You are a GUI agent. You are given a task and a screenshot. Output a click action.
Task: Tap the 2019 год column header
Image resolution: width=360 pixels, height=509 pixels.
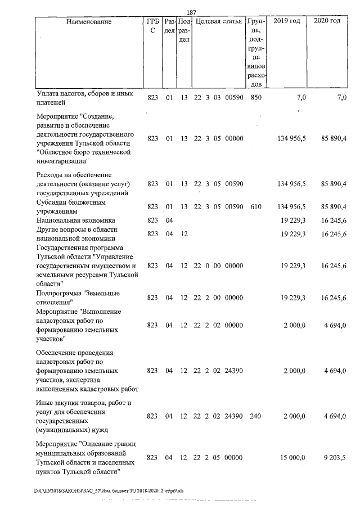coord(287,21)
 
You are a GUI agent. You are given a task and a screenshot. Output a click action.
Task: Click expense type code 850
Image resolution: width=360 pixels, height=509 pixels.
coord(256,98)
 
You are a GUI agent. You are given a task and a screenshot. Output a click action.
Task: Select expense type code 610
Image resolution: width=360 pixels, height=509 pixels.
coord(256,207)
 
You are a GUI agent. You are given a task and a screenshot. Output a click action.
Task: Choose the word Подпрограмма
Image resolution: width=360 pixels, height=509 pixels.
coord(58,293)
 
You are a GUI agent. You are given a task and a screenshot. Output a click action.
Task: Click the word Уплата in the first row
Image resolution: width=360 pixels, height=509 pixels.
coord(47,93)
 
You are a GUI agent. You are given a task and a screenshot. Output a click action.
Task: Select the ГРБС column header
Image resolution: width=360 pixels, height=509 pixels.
coord(152,26)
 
